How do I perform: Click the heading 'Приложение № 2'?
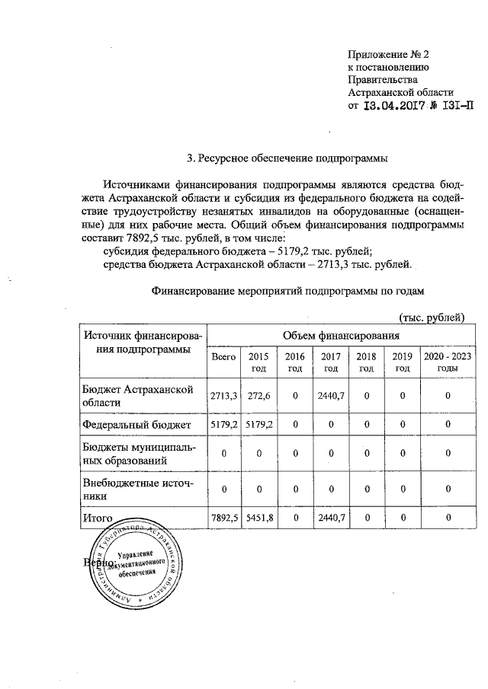pos(389,55)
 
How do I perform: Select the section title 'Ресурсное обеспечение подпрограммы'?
pos(288,158)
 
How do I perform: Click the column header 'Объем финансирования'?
pos(341,336)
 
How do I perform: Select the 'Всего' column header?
pos(223,356)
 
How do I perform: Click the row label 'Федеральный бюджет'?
pos(137,423)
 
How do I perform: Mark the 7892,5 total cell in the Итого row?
pos(223,518)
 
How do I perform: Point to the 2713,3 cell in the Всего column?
pos(223,395)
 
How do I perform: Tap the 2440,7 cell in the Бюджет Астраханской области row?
pos(331,395)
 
